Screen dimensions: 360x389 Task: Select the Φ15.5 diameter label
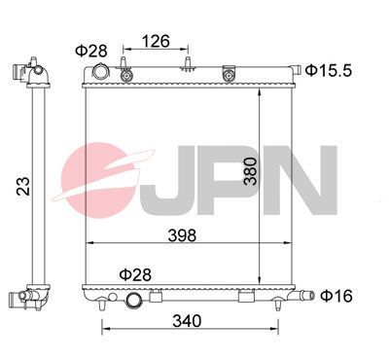click(x=326, y=69)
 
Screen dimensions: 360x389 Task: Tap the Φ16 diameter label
click(x=336, y=295)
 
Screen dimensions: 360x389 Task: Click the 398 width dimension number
click(x=181, y=234)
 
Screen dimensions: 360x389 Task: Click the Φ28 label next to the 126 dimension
click(x=91, y=51)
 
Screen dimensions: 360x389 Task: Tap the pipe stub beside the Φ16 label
click(x=305, y=295)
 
